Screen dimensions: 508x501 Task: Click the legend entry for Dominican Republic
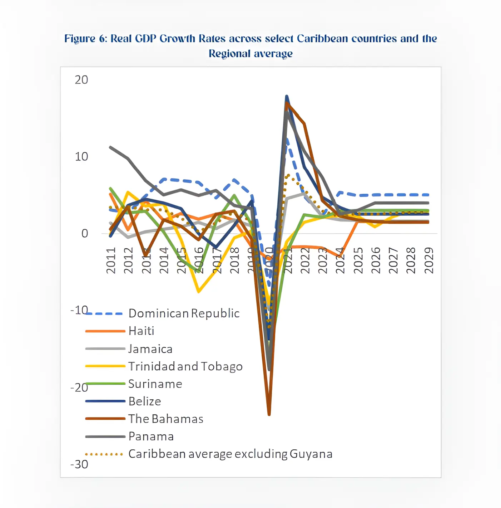[x=184, y=313]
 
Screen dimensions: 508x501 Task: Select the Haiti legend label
[x=141, y=331]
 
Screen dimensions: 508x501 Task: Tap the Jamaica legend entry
[x=150, y=349]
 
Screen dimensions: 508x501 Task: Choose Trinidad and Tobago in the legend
[x=185, y=366]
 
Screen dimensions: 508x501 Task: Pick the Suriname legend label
[x=155, y=384]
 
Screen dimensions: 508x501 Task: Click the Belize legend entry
[x=144, y=401]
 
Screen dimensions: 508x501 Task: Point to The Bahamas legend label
[x=165, y=419]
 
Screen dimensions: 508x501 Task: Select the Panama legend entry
[x=151, y=436]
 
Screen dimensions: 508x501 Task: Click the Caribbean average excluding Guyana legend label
[x=230, y=454]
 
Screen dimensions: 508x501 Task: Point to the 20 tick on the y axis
[x=81, y=80]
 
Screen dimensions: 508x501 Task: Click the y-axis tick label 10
[x=81, y=157]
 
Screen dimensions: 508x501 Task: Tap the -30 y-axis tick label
[x=79, y=464]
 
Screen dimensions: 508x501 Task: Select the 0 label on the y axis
[x=85, y=234]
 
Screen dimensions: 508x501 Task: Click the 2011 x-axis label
[x=111, y=260]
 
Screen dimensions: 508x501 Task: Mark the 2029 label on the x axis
[x=429, y=260]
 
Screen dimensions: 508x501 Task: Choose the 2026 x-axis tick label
[x=376, y=260]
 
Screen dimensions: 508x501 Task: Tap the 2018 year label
[x=235, y=260]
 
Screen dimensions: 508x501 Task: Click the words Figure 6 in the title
[x=85, y=39]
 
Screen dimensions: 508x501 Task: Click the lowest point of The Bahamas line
[x=269, y=415]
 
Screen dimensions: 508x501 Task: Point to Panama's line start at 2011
[x=110, y=147]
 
